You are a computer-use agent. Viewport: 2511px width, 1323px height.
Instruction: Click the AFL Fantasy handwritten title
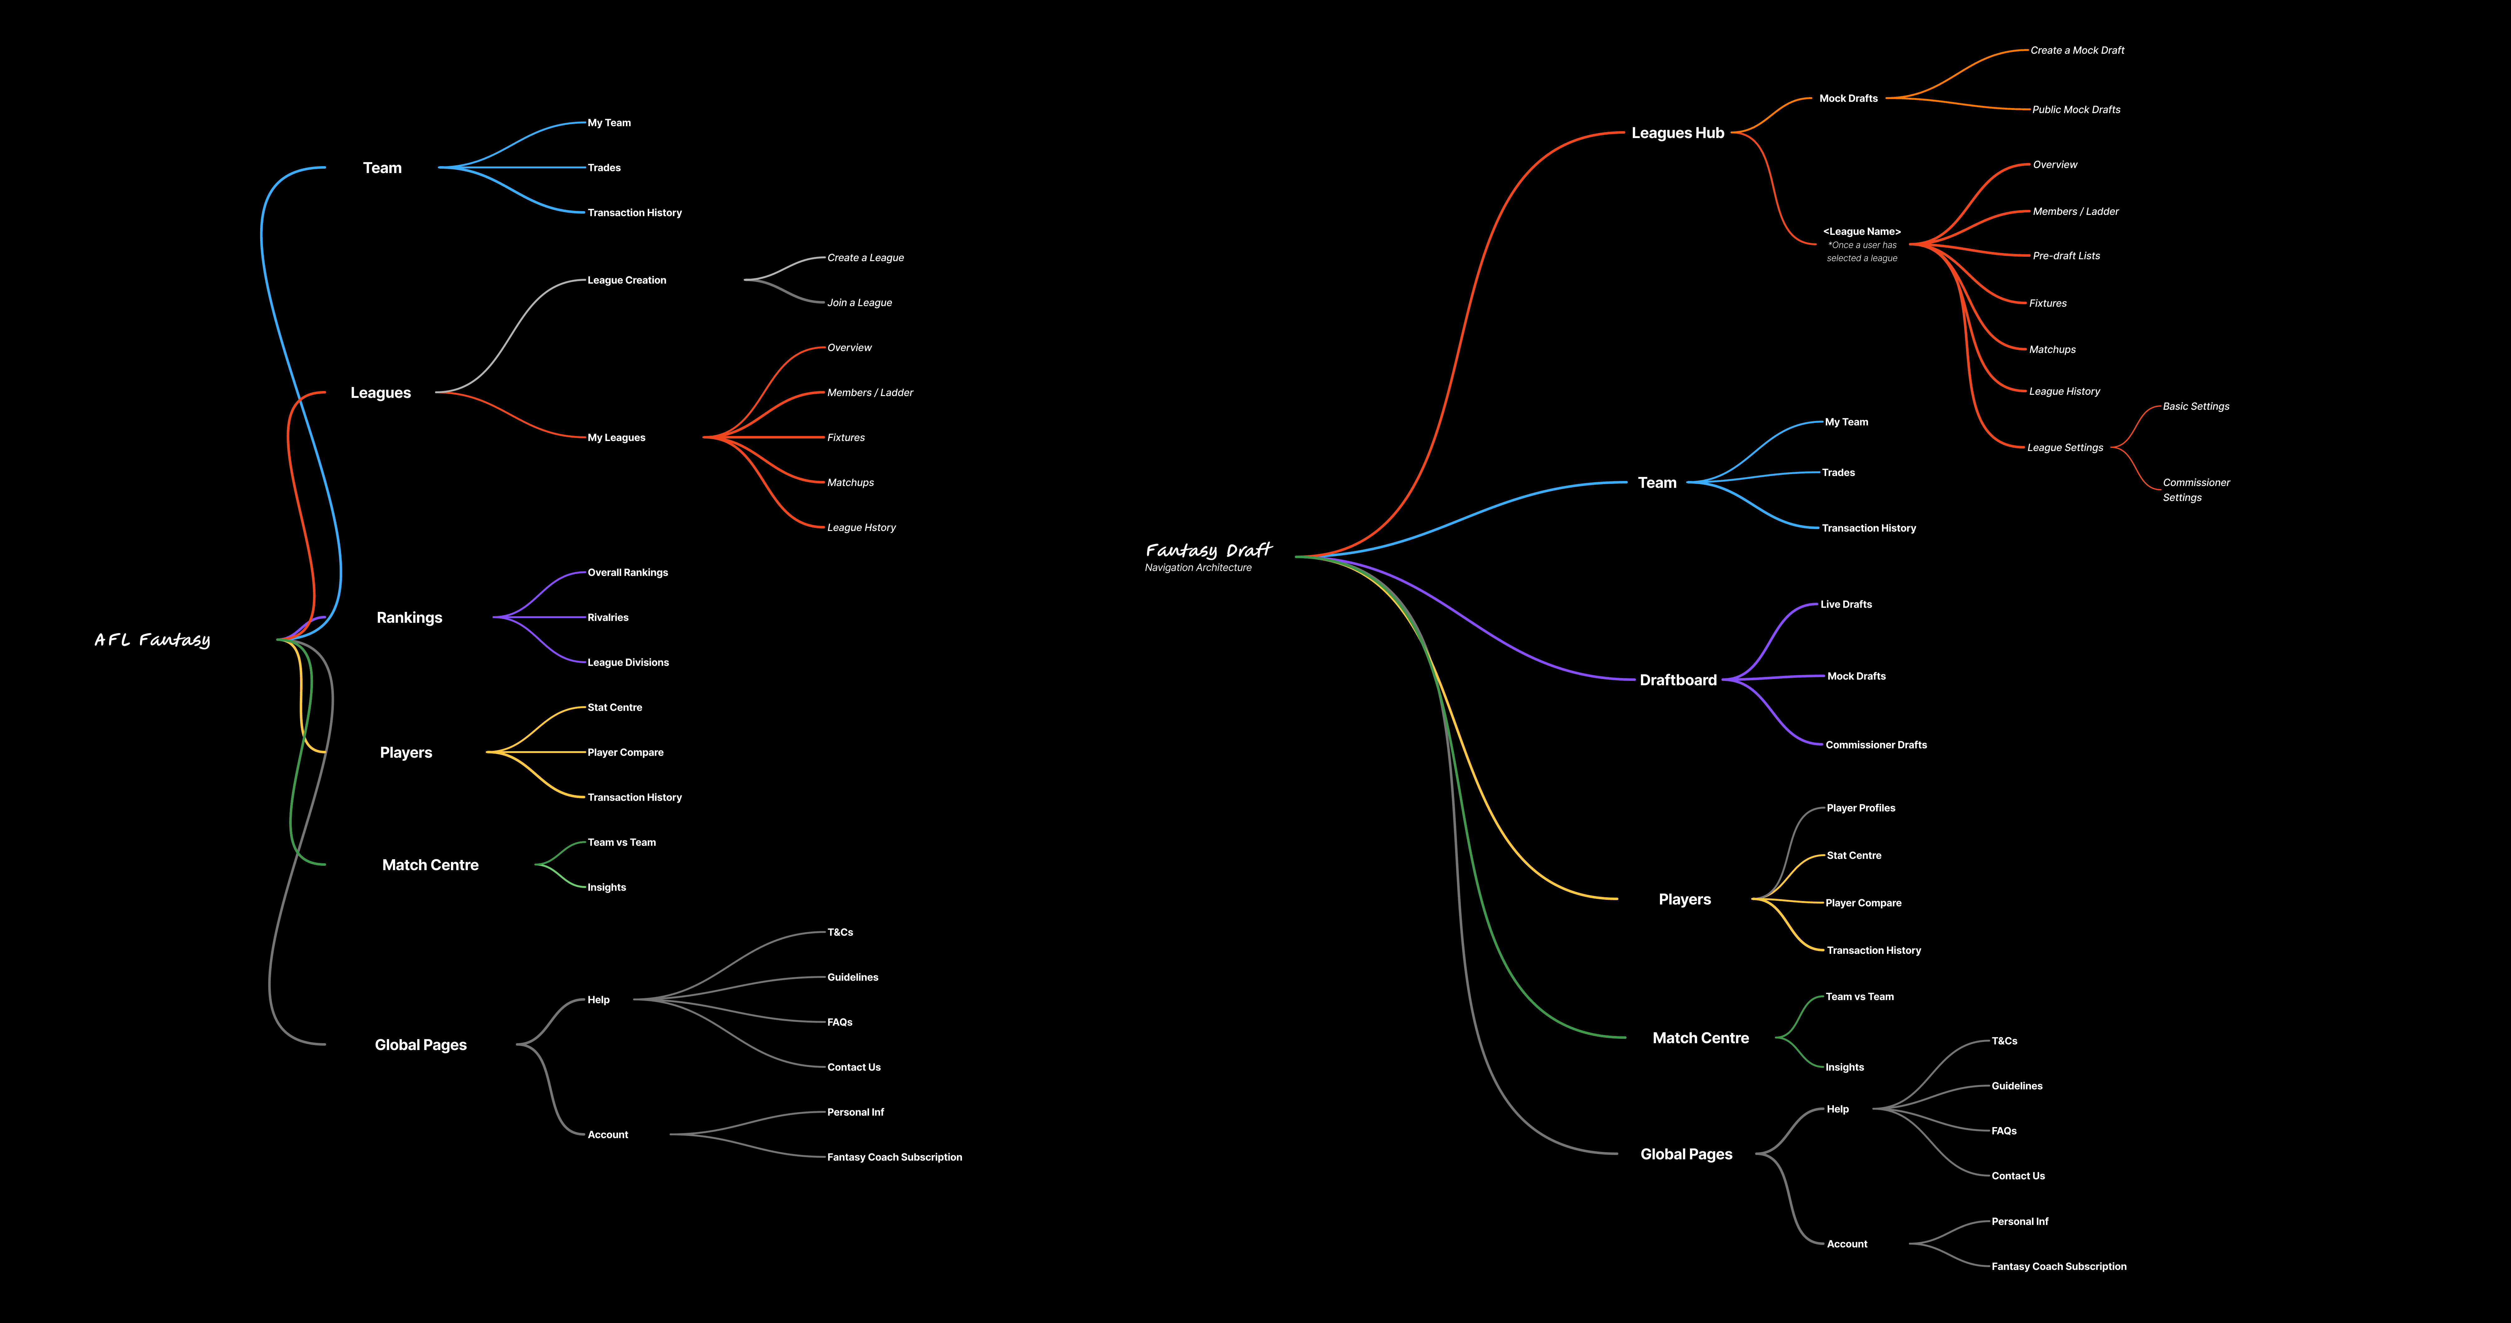152,640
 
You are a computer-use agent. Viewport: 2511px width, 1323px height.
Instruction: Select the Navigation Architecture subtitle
1198,567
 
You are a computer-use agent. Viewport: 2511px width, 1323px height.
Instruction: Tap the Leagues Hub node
1677,133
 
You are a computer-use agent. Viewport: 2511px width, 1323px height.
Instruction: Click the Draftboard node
1677,680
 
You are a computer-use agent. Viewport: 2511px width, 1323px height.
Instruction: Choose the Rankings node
409,617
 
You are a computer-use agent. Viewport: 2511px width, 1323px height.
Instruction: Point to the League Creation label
627,280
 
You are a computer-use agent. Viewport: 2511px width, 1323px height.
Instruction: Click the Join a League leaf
860,302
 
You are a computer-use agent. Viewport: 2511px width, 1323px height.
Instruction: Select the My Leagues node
616,438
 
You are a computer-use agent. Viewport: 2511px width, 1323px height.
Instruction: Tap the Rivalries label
608,617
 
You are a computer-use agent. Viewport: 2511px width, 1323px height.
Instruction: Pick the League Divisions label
628,662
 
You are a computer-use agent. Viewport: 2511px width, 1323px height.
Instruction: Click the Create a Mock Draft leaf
2077,50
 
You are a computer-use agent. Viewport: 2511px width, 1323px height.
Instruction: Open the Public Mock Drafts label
2076,109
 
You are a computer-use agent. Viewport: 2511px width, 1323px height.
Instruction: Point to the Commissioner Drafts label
1875,745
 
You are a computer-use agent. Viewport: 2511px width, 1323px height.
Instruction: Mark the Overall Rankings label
628,572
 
